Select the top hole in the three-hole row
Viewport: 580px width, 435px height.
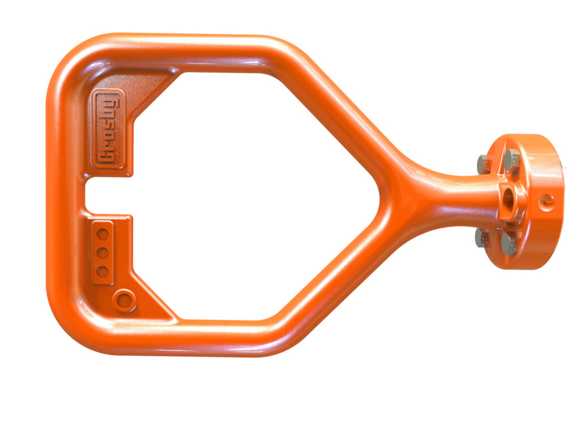tap(103, 233)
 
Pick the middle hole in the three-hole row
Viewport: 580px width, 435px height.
tap(103, 253)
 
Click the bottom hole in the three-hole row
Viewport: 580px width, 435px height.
tap(103, 272)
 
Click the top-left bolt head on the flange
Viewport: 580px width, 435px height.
tap(485, 164)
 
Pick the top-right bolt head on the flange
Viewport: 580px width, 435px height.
tap(512, 161)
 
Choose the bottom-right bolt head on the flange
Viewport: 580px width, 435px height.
tap(510, 243)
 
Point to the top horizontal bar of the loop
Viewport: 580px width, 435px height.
tap(187, 51)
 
